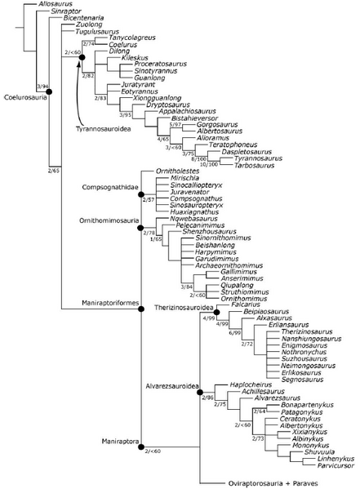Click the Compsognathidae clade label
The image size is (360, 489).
[x=109, y=187]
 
